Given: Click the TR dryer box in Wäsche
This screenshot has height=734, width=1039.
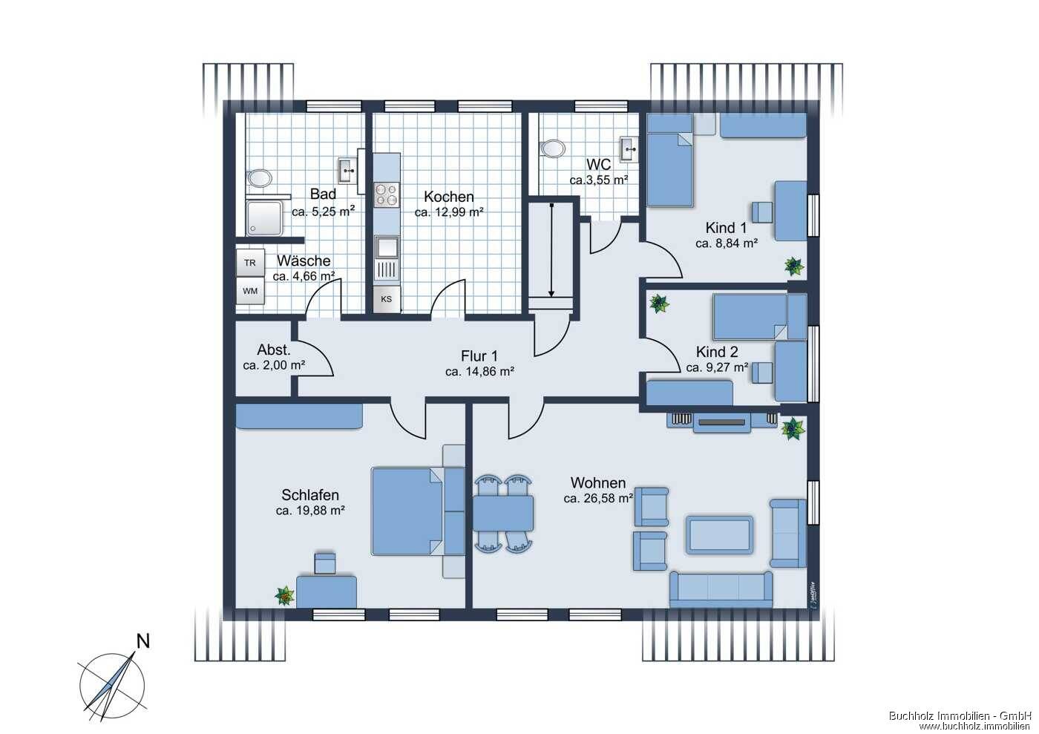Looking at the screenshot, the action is [x=250, y=263].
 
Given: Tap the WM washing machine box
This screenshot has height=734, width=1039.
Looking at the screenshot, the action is [x=250, y=291].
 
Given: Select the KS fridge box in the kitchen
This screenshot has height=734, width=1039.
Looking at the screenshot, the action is [x=387, y=299].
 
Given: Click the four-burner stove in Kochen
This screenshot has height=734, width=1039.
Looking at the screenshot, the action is [x=387, y=194].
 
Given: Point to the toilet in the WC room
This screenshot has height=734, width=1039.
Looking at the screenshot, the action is [x=553, y=149].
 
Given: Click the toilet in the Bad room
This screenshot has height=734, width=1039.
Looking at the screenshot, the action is [x=260, y=178].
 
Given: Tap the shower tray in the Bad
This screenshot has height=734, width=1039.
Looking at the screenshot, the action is [x=264, y=217].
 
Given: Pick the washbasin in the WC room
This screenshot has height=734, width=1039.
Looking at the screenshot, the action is [x=629, y=148].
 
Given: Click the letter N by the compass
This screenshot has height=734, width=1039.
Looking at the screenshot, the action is [x=143, y=642].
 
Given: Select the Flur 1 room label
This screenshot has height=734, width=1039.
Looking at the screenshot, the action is [x=479, y=355].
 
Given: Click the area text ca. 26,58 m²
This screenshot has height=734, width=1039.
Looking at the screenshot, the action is [x=598, y=499].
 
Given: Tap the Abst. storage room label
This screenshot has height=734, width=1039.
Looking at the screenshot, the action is [x=274, y=350].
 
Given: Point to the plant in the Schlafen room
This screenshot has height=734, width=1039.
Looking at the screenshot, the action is [x=285, y=596].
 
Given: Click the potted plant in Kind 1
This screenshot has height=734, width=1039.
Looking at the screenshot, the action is [x=794, y=266].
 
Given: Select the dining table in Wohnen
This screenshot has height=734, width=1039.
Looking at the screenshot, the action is [x=503, y=513].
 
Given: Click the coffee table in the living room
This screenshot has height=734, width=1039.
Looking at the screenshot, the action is [x=719, y=534].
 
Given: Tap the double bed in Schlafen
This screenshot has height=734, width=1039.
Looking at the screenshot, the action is [x=407, y=511].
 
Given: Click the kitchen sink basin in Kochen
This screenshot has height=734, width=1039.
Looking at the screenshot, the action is [x=387, y=248].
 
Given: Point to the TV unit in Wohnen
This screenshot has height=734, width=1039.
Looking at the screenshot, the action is [x=721, y=422].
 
